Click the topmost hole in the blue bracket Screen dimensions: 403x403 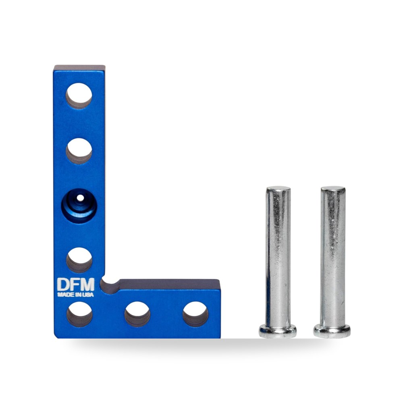tap(79, 96)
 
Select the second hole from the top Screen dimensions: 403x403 tap(79, 151)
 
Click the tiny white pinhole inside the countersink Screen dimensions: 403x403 tap(80, 198)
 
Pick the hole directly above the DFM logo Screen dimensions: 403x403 tap(79, 260)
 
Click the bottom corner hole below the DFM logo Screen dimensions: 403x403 tap(79, 314)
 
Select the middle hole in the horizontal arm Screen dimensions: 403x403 tap(137, 314)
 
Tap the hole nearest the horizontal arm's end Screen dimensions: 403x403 tap(195, 314)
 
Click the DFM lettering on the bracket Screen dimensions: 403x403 tap(76, 284)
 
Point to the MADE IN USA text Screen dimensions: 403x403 tap(76, 295)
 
